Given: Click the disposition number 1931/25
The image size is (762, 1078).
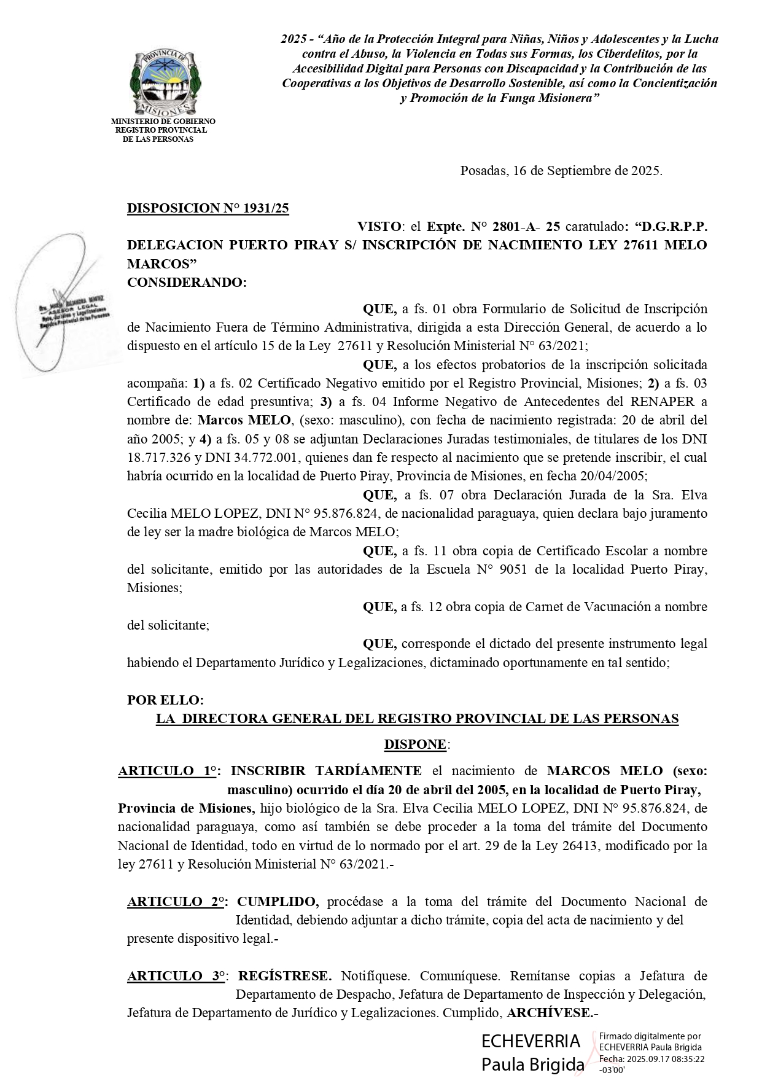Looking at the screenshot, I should click(265, 208).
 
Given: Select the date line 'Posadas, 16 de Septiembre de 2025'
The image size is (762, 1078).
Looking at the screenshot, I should click(561, 171).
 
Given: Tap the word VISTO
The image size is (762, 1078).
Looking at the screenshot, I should click(379, 226).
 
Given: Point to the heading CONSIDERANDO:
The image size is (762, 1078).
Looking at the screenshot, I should click(187, 283).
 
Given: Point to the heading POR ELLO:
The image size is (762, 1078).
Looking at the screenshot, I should click(165, 700).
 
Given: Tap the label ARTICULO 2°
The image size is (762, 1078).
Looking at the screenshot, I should click(176, 902).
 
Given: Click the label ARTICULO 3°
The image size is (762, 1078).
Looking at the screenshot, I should click(176, 976).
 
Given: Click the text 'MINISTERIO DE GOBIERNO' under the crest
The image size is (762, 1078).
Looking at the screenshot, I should click(163, 122).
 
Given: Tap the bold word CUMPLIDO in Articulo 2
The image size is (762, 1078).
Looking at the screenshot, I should click(278, 902).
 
